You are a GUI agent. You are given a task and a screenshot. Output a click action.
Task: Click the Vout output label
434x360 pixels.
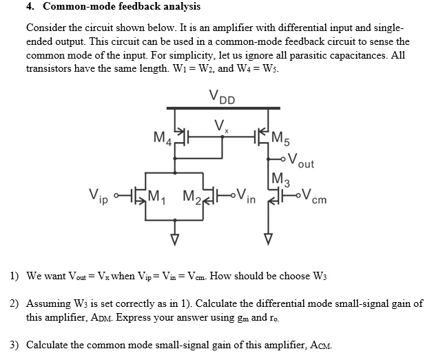[x=300, y=162]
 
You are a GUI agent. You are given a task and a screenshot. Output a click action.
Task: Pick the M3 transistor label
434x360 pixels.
[x=281, y=181]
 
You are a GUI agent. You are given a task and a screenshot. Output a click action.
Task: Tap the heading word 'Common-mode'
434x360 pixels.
[x=76, y=7]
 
